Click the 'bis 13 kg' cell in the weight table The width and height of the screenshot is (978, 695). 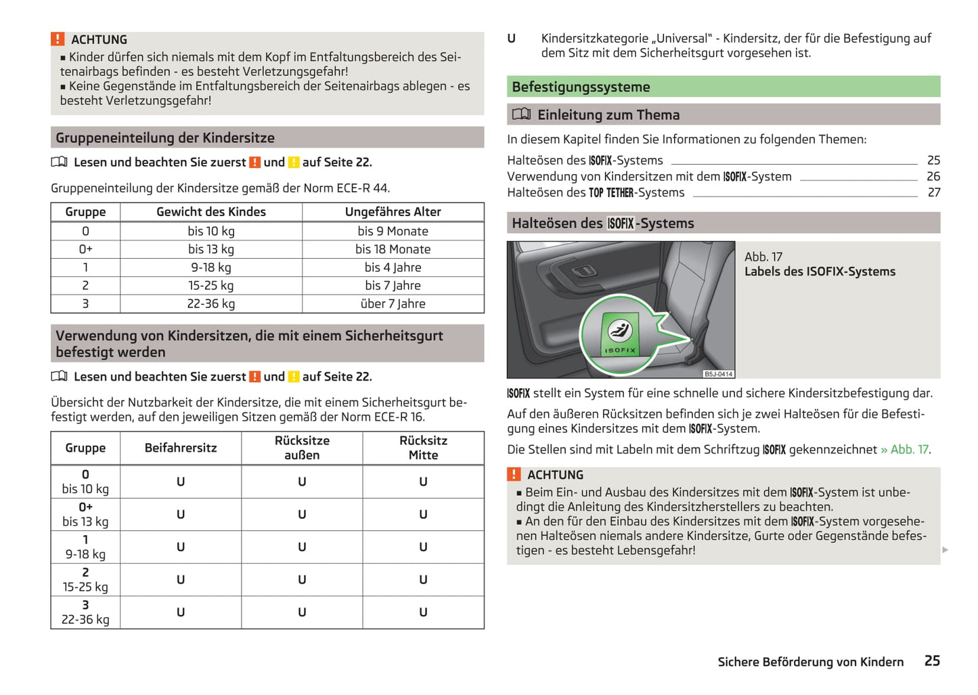[211, 249]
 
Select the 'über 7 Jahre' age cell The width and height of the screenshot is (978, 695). [393, 304]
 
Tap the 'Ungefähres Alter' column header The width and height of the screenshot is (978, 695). [393, 212]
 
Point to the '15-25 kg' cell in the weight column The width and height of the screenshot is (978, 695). [211, 286]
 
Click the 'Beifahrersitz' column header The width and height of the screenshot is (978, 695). [181, 448]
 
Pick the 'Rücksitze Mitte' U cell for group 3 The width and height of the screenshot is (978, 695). [423, 612]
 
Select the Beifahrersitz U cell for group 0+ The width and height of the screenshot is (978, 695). [181, 515]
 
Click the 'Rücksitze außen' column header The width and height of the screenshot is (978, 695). [302, 448]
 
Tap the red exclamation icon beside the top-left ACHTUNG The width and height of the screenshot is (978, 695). [58, 39]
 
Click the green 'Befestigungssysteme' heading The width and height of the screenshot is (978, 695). [581, 87]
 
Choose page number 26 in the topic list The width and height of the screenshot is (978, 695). [933, 177]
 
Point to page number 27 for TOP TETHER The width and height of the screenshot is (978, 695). [933, 193]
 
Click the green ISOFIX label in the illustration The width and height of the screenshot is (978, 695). [619, 335]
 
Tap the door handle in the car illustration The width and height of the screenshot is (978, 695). [581, 272]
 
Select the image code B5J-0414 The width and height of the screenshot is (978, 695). [718, 374]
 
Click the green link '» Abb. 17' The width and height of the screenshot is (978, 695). [904, 450]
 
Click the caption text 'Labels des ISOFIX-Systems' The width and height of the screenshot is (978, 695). [820, 272]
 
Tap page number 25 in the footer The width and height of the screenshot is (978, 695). [932, 661]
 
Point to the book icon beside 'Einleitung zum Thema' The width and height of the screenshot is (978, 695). [521, 114]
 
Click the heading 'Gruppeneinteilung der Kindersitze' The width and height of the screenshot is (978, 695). [165, 138]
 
